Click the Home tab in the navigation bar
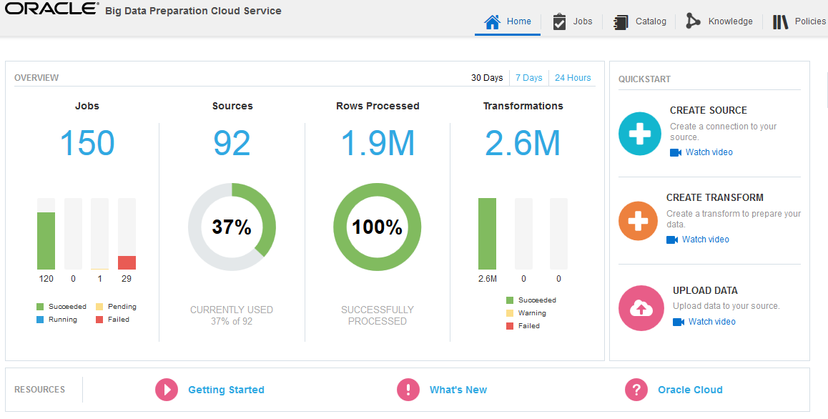(508, 21)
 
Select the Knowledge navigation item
(719, 21)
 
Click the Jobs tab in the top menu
(573, 21)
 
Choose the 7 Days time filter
(528, 78)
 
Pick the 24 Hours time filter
(573, 78)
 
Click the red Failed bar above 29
(127, 262)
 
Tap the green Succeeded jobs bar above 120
(46, 240)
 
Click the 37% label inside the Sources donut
(232, 227)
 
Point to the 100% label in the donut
(377, 227)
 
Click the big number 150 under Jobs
(87, 143)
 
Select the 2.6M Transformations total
(523, 143)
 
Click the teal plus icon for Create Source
(639, 134)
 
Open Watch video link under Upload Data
(711, 322)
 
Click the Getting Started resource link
(226, 390)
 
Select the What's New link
(458, 390)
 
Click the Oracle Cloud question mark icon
(636, 390)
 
